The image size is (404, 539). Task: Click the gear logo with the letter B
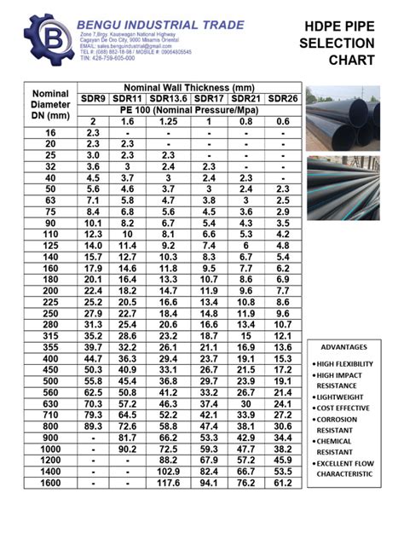point(42,38)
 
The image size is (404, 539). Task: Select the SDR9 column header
point(94,100)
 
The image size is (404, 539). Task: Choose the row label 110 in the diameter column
point(49,234)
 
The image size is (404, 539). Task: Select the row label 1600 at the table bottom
point(49,484)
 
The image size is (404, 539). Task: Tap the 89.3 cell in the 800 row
point(94,426)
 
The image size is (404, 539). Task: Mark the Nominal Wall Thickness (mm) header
point(189,88)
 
